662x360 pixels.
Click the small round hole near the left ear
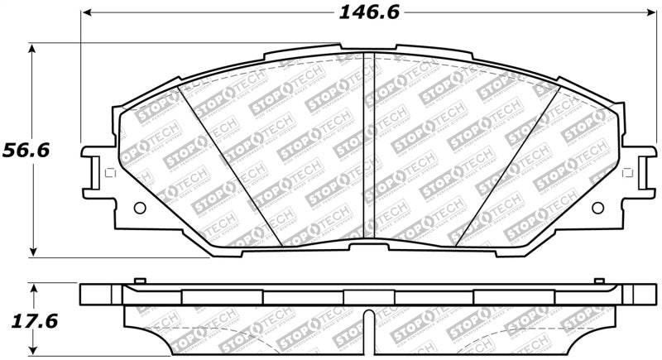tap(138, 208)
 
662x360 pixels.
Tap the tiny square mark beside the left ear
tap(105, 173)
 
